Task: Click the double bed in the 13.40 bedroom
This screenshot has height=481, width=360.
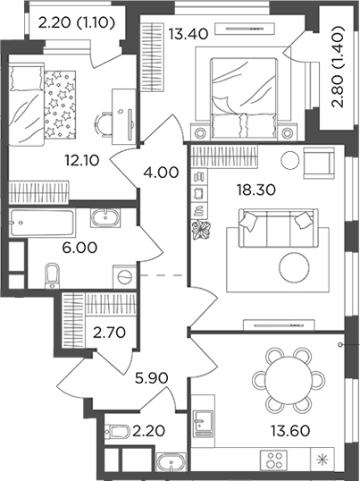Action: coord(243,89)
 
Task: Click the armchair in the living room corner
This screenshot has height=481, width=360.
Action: coord(315,163)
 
